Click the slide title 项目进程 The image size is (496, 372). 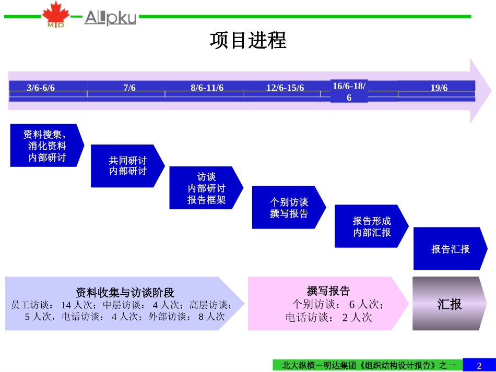[x=248, y=41]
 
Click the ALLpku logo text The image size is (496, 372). [x=110, y=18]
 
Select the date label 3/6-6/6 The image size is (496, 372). [x=41, y=88]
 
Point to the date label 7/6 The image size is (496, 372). [x=129, y=88]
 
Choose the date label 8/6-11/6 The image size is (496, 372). [x=207, y=88]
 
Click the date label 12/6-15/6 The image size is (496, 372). [x=285, y=88]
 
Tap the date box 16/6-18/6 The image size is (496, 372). [x=349, y=91]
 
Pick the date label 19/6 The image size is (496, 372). [x=439, y=88]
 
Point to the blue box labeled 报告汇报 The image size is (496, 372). [x=450, y=249]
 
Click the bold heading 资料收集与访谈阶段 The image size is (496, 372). [x=125, y=292]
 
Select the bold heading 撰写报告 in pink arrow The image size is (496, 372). [x=328, y=291]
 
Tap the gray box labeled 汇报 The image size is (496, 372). [x=449, y=304]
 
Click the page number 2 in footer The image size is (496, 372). [x=479, y=365]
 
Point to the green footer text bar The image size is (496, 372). [x=369, y=365]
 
